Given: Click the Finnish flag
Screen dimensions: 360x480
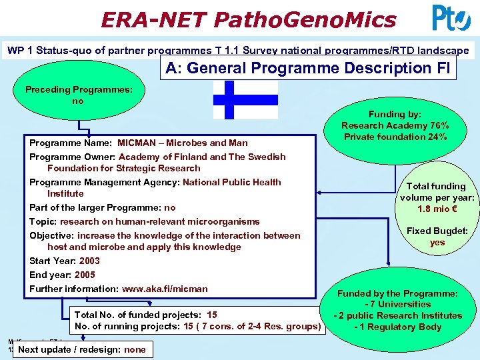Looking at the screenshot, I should [x=245, y=99].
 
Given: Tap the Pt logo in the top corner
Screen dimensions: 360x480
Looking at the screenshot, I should [x=451, y=19].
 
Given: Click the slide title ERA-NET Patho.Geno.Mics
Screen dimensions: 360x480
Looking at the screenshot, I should [x=248, y=19].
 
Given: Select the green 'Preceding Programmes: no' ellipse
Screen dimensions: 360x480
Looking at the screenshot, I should [x=78, y=95].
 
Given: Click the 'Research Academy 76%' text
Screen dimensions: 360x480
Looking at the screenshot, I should [x=395, y=125].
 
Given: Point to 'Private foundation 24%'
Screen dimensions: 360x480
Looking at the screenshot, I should [x=395, y=137].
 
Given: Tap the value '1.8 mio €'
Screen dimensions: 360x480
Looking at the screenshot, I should [x=437, y=209].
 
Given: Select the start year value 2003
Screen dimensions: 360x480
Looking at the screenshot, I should [x=89, y=261].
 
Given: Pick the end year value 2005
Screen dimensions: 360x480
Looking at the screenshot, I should [x=85, y=275].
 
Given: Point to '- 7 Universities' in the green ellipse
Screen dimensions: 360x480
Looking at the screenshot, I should [x=397, y=305].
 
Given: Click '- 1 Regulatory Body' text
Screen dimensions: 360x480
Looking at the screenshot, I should [x=397, y=327].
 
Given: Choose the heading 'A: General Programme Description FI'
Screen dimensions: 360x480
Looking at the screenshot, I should [x=307, y=68].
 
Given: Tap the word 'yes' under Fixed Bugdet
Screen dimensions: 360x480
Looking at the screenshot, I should [x=437, y=242].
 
